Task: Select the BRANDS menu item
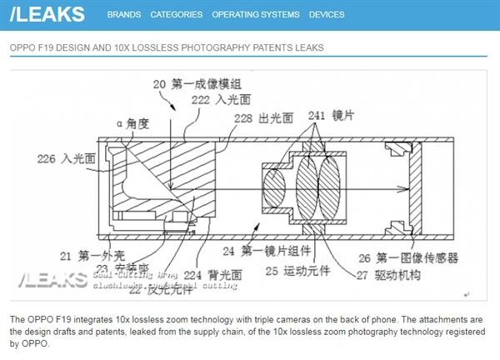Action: coord(124,15)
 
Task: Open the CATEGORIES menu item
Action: coord(177,15)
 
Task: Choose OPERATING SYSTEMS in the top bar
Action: coord(256,15)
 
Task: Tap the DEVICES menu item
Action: coord(327,15)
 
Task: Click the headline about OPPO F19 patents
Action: coord(167,47)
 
